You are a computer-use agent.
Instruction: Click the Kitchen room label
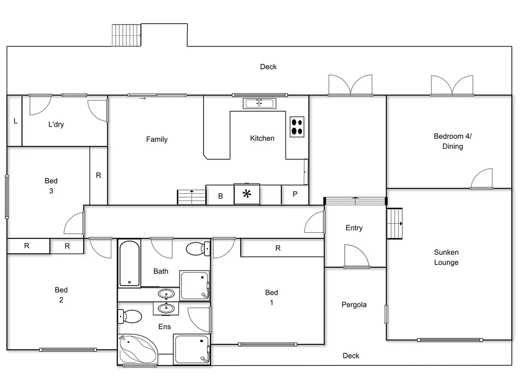pyautogui.click(x=262, y=138)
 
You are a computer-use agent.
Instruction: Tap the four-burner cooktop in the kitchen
pyautogui.click(x=297, y=127)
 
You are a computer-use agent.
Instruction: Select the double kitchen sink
pyautogui.click(x=259, y=104)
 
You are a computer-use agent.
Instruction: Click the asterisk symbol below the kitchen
pyautogui.click(x=247, y=194)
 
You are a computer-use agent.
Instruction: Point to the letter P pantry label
pyautogui.click(x=295, y=194)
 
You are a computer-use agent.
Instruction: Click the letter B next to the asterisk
pyautogui.click(x=220, y=196)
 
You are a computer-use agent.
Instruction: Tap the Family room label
pyautogui.click(x=157, y=139)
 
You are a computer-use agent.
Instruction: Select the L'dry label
pyautogui.click(x=56, y=124)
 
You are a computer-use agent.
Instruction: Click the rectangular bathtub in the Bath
pyautogui.click(x=129, y=263)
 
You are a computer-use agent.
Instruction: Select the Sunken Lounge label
pyautogui.click(x=446, y=257)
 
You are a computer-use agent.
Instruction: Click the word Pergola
pyautogui.click(x=354, y=305)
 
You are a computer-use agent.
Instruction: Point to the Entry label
pyautogui.click(x=354, y=228)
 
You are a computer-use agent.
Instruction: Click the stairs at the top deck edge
pyautogui.click(x=126, y=35)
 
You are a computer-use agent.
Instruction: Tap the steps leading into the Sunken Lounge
pyautogui.click(x=395, y=224)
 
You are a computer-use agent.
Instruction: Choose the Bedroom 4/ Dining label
pyautogui.click(x=453, y=141)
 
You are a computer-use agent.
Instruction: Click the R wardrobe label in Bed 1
pyautogui.click(x=278, y=248)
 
